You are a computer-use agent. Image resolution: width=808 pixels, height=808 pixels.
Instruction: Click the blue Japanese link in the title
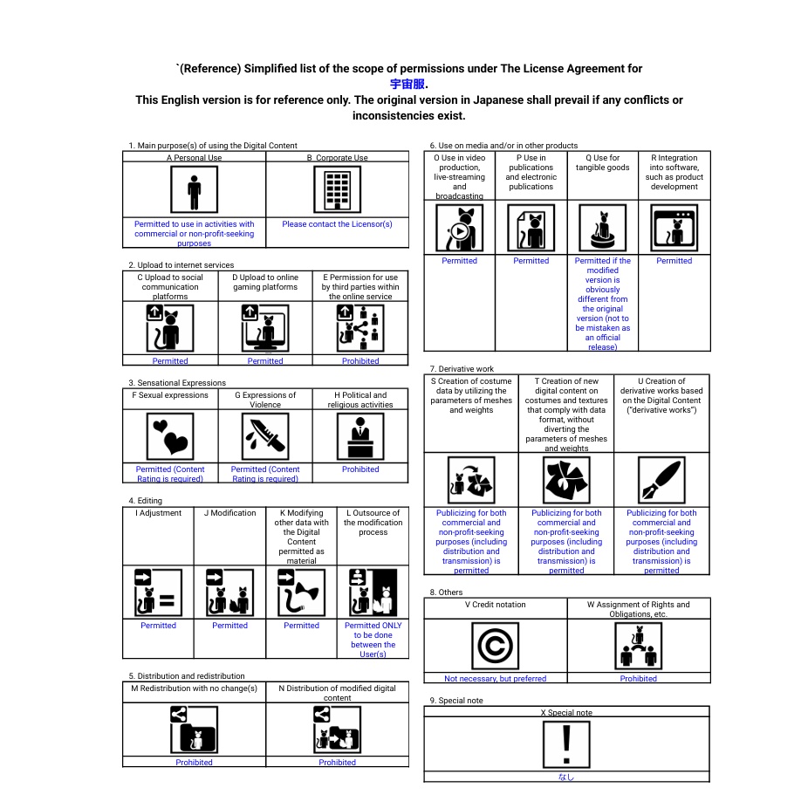[x=407, y=85]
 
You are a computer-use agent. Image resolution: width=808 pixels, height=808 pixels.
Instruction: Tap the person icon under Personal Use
[x=194, y=190]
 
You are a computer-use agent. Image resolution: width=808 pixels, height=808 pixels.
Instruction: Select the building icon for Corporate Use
[x=337, y=190]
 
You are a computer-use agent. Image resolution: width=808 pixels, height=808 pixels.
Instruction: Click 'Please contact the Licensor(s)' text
[x=337, y=224]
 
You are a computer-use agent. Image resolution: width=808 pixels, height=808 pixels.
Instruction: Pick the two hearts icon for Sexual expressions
[x=170, y=435]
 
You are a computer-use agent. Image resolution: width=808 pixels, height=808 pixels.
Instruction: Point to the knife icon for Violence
[x=265, y=435]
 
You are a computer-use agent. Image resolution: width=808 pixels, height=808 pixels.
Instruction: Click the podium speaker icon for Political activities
[x=360, y=435]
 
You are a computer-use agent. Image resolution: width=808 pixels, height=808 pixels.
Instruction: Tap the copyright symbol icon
[x=495, y=647]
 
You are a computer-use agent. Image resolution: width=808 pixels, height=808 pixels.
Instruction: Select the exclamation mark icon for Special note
[x=566, y=744]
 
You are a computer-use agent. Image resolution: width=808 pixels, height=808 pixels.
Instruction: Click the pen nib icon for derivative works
[x=661, y=480]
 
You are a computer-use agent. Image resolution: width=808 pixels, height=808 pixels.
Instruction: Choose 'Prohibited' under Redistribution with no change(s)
[x=194, y=763]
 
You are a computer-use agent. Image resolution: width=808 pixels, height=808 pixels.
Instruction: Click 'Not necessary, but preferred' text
[x=495, y=679]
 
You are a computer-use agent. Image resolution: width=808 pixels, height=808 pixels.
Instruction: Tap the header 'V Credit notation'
[x=495, y=604]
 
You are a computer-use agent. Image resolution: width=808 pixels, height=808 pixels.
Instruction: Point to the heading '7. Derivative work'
[x=462, y=369]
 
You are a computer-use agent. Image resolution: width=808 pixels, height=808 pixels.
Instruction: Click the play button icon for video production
[x=459, y=229]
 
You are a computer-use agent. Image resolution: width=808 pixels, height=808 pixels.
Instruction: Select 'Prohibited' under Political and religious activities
[x=360, y=469]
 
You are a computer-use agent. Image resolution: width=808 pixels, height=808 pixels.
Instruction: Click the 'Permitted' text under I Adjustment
[x=158, y=626]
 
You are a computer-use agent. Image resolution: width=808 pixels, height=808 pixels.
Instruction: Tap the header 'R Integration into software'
[x=674, y=172]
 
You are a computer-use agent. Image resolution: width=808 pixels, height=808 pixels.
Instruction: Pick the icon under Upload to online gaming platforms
[x=265, y=328]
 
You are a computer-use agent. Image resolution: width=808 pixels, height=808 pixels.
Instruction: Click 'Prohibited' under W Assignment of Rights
[x=638, y=679]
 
